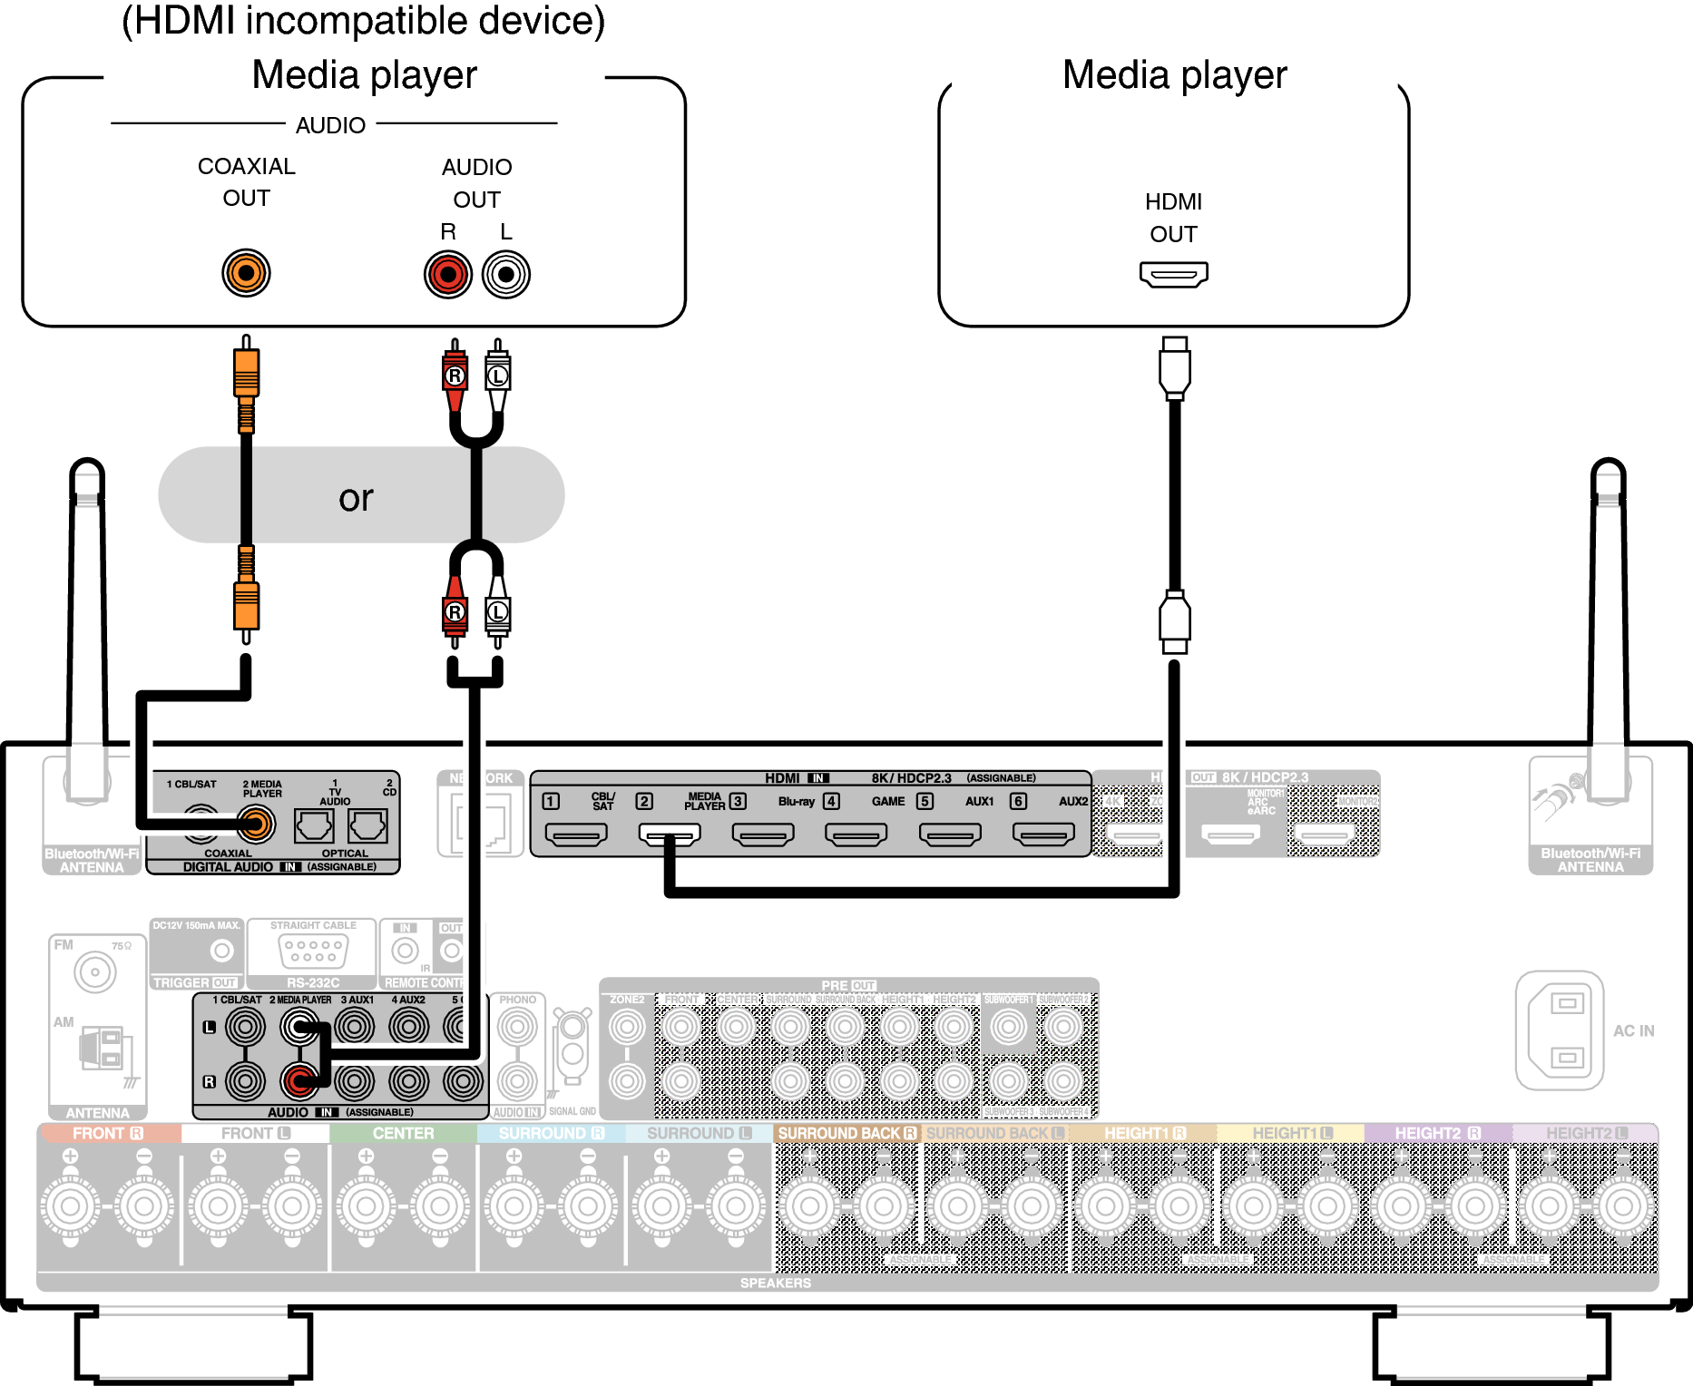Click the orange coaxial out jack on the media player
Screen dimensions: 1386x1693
pyautogui.click(x=246, y=272)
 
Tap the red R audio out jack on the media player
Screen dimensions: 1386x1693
pyautogui.click(x=448, y=274)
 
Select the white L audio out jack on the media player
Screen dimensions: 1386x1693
pyautogui.click(x=506, y=274)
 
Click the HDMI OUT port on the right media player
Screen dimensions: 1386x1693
pyautogui.click(x=1173, y=274)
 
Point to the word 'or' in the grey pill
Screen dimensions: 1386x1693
pyautogui.click(x=356, y=497)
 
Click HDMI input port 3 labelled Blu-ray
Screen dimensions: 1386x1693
pyautogui.click(x=763, y=834)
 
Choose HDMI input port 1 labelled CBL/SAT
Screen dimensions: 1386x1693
pyautogui.click(x=575, y=834)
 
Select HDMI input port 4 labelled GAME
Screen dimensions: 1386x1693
pyautogui.click(x=856, y=834)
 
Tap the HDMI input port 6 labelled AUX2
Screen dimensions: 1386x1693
pyautogui.click(x=1043, y=834)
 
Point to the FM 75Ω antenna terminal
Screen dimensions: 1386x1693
pyautogui.click(x=94, y=972)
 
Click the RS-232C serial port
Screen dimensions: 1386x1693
pyautogui.click(x=313, y=951)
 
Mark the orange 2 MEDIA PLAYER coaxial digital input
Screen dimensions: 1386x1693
pyautogui.click(x=256, y=825)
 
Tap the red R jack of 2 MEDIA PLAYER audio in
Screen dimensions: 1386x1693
pyautogui.click(x=299, y=1080)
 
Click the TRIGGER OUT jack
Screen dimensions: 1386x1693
pyautogui.click(x=221, y=951)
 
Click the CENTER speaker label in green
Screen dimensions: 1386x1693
pyautogui.click(x=403, y=1133)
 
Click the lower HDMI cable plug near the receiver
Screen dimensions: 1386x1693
pyautogui.click(x=1174, y=621)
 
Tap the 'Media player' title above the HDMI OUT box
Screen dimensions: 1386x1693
pyautogui.click(x=1174, y=74)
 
